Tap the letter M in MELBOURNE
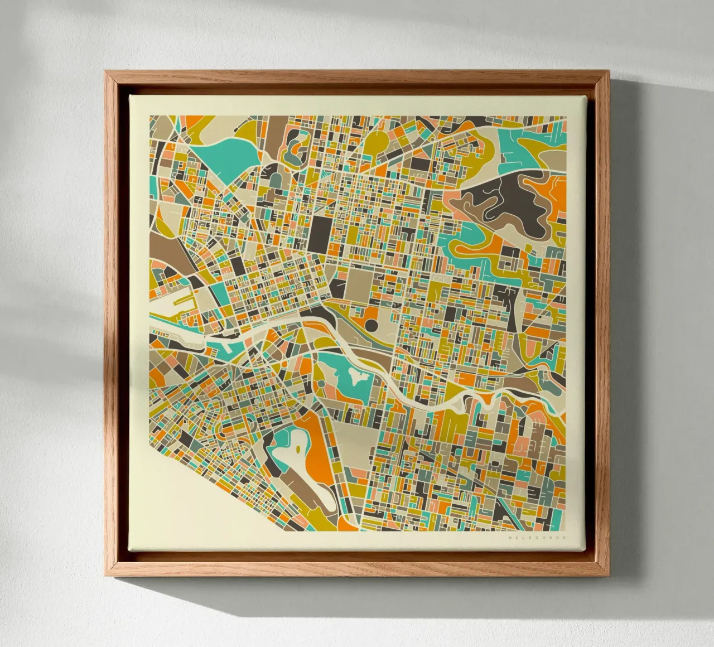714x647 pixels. [510, 538]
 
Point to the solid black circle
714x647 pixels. [372, 323]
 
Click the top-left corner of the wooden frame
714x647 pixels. [107, 73]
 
